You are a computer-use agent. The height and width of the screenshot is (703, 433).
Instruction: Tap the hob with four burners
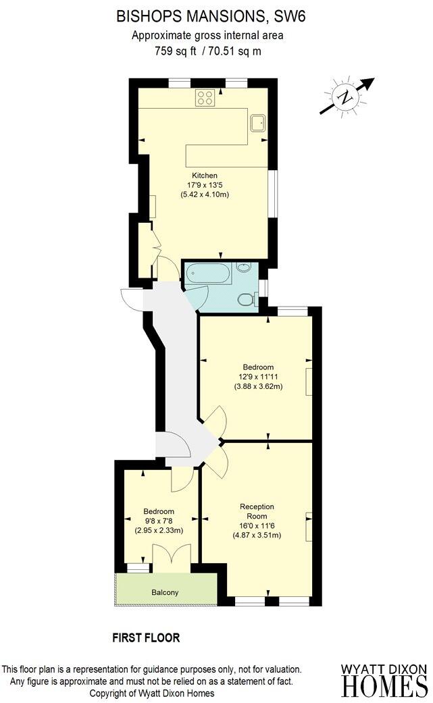tap(205, 98)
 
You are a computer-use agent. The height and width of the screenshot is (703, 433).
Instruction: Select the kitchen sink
tap(257, 122)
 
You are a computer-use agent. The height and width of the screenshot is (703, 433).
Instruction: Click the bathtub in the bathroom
tap(208, 275)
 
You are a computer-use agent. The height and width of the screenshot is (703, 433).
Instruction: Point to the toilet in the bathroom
tap(247, 298)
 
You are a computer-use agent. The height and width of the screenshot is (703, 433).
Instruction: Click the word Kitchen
tap(204, 176)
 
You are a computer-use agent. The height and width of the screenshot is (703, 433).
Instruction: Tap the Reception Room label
tap(256, 511)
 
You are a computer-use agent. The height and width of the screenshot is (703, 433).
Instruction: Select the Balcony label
tap(165, 592)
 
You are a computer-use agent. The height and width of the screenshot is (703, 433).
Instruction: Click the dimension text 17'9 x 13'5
tap(205, 186)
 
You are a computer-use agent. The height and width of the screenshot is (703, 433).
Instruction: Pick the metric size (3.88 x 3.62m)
tap(259, 387)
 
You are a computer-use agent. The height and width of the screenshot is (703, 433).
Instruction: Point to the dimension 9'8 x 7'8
tap(159, 521)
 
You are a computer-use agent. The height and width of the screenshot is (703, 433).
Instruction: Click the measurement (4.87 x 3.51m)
tap(256, 536)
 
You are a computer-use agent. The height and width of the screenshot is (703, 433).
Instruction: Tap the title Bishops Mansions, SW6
tap(211, 17)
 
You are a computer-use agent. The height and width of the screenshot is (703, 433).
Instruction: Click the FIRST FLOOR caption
tap(146, 637)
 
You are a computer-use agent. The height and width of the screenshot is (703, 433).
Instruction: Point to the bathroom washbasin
tap(243, 267)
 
